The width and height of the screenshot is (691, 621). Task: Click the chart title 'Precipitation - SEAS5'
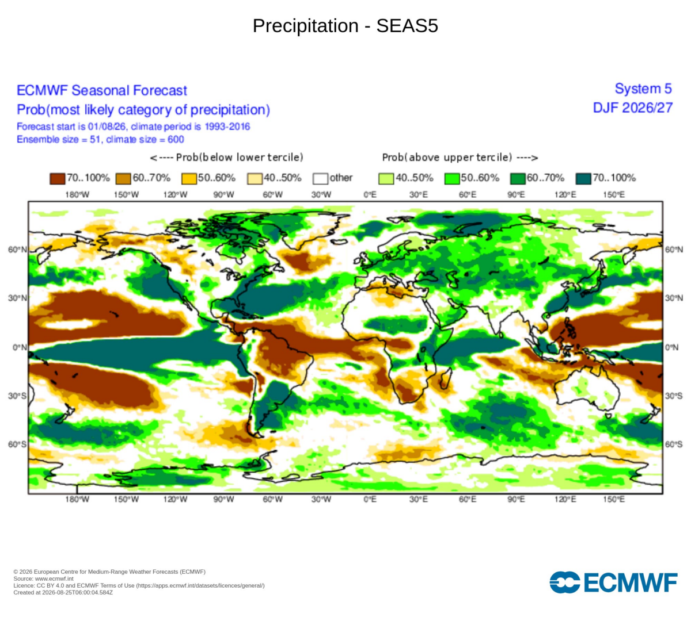345,25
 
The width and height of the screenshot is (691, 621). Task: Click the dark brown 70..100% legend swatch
57,179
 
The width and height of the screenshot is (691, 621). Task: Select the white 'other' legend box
320,179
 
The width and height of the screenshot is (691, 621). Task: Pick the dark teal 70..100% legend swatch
583,179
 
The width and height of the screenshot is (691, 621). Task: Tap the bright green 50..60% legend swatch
452,179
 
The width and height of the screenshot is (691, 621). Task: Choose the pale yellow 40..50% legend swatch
255,179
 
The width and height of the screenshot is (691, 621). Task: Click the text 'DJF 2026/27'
632,108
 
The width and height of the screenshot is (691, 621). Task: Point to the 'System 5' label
643,89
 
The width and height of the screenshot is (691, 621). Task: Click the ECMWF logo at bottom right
613,582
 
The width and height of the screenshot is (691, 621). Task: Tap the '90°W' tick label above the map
223,195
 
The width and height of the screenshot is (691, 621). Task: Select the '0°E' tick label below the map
370,499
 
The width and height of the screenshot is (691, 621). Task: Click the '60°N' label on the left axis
17,250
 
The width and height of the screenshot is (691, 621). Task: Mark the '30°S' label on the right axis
674,396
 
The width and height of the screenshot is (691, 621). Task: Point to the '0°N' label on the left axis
20,347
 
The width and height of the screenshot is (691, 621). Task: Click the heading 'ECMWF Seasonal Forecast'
101,90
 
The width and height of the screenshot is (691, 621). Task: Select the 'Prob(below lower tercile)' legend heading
227,158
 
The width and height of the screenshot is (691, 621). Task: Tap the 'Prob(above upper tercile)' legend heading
460,158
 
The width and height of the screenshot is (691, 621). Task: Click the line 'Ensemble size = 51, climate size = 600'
100,139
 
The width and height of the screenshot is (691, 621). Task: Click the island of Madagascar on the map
446,378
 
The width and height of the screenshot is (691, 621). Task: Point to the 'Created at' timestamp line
63,592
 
